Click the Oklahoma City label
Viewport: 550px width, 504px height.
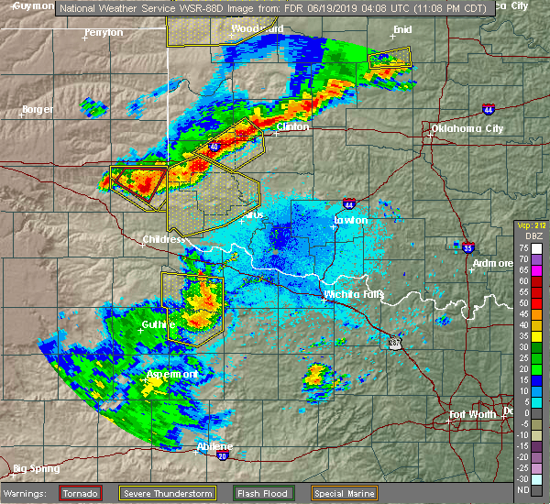(467, 129)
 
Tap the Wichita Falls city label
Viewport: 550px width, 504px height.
(355, 294)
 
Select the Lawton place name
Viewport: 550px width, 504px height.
(351, 220)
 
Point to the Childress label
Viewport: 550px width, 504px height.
(163, 240)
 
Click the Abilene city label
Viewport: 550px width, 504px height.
(214, 446)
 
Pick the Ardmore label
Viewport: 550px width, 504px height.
(493, 264)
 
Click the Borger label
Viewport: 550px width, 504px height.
(38, 110)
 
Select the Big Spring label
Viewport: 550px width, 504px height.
(37, 468)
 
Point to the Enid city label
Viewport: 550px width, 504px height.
(402, 29)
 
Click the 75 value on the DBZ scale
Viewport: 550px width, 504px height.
(522, 248)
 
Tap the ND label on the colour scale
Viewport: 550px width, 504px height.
(522, 490)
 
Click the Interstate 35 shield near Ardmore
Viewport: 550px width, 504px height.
(468, 247)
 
